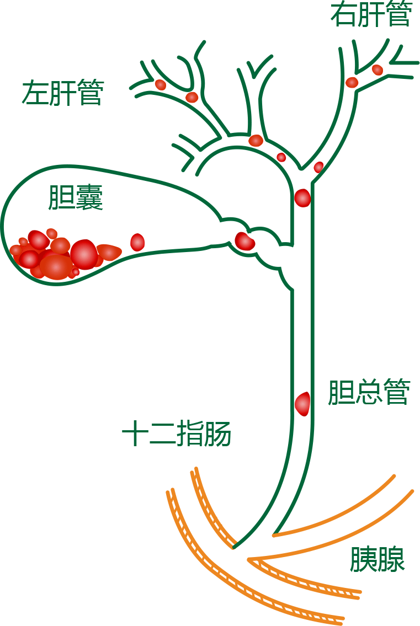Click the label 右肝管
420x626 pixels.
pyautogui.click(x=371, y=15)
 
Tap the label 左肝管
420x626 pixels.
pyautogui.click(x=62, y=93)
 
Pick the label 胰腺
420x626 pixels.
pyautogui.click(x=378, y=559)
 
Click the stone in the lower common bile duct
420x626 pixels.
pyautogui.click(x=302, y=404)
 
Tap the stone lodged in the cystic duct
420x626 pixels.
pyautogui.click(x=244, y=242)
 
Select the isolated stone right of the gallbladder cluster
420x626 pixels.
pyautogui.click(x=137, y=242)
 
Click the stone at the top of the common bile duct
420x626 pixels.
pyautogui.click(x=302, y=197)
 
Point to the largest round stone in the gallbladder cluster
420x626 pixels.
pyautogui.click(x=84, y=254)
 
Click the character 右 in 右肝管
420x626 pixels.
pyautogui.click(x=344, y=15)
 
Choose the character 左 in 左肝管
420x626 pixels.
pyautogui.click(x=35, y=93)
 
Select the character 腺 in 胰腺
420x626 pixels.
pyautogui.click(x=391, y=559)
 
